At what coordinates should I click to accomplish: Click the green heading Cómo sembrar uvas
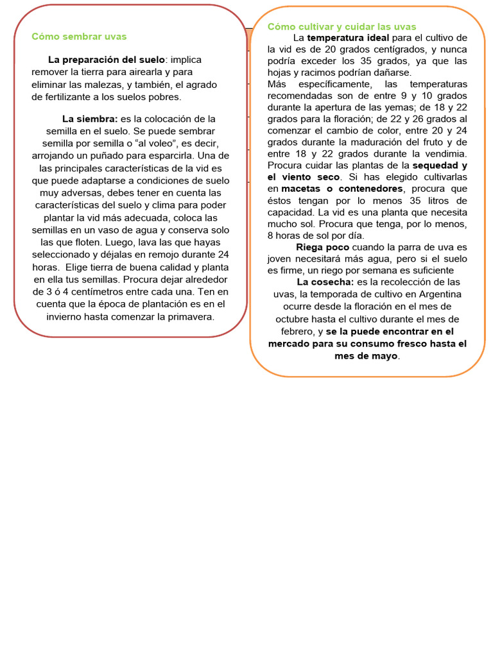click(80, 37)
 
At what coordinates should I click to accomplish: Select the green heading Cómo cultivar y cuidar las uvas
click(342, 26)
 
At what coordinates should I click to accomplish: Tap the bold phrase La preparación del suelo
click(107, 60)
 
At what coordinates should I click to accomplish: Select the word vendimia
click(444, 153)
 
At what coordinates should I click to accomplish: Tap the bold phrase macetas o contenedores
click(342, 189)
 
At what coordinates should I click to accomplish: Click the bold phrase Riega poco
click(323, 247)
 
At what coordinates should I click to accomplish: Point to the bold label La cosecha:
click(325, 282)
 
